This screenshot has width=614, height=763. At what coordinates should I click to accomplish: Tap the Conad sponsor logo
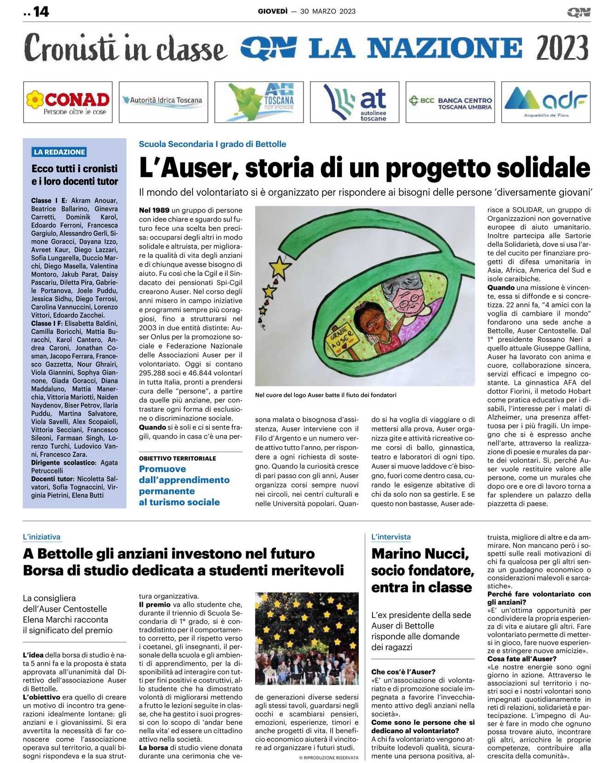pos(68,102)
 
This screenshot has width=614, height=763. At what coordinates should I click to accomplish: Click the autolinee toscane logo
pos(355,102)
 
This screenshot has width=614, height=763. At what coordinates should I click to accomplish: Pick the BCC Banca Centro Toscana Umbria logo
pos(450,102)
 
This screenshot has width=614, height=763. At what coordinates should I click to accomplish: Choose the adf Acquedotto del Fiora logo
pos(546,102)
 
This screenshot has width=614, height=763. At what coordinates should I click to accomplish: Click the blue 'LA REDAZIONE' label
pos(59,152)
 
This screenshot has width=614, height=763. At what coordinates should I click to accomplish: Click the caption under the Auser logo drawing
pos(326,395)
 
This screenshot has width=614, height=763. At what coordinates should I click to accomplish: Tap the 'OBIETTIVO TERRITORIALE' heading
pos(178,458)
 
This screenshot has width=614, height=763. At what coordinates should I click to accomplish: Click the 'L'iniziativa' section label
pos(41,537)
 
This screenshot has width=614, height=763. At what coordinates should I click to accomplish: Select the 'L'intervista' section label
pos(391,537)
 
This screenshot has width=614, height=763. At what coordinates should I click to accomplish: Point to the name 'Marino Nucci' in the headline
pos(420,553)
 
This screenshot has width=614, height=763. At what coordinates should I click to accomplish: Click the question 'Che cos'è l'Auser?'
pos(403,672)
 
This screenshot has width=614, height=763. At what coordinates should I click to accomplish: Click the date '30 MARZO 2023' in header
pos(327,12)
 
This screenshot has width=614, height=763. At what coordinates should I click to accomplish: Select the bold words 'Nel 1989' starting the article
pos(154,210)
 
